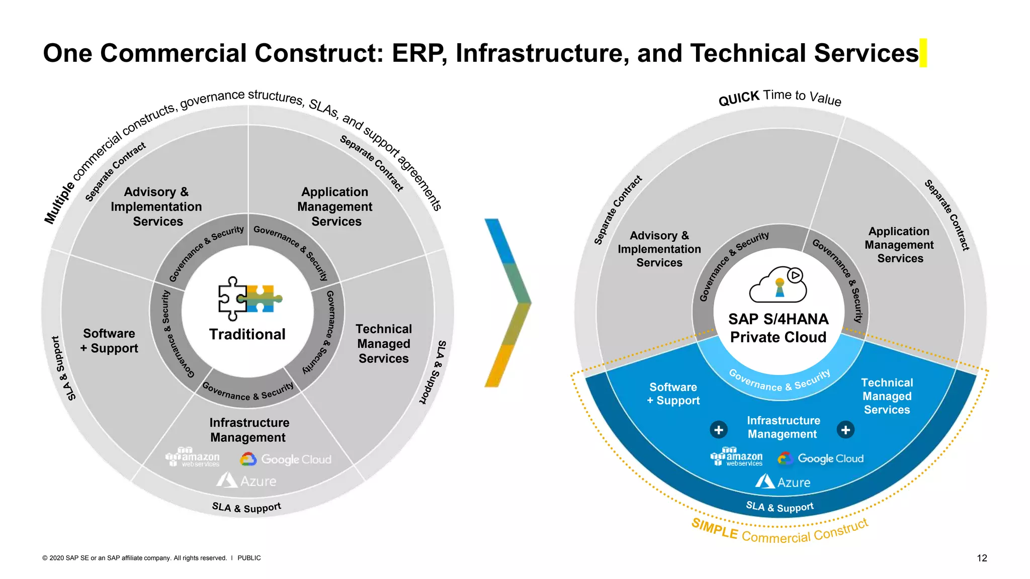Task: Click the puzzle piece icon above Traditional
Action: pyautogui.click(x=249, y=299)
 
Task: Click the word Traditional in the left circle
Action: pyautogui.click(x=247, y=334)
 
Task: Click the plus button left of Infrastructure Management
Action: pyautogui.click(x=718, y=430)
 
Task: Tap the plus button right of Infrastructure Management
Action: pyautogui.click(x=845, y=430)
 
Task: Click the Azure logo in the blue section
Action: pyautogui.click(x=783, y=482)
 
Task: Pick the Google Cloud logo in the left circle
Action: pyautogui.click(x=286, y=459)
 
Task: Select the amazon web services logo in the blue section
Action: pyautogui.click(x=736, y=457)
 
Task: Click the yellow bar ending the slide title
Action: pyautogui.click(x=923, y=53)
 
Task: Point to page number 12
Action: pyautogui.click(x=982, y=558)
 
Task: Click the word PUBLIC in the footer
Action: pyautogui.click(x=249, y=558)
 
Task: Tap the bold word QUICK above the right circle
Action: pyautogui.click(x=738, y=98)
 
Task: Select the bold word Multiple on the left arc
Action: pyautogui.click(x=59, y=203)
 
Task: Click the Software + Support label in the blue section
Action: pyautogui.click(x=673, y=394)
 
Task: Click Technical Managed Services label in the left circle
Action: pyautogui.click(x=383, y=343)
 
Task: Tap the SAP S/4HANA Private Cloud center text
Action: pyautogui.click(x=778, y=328)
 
